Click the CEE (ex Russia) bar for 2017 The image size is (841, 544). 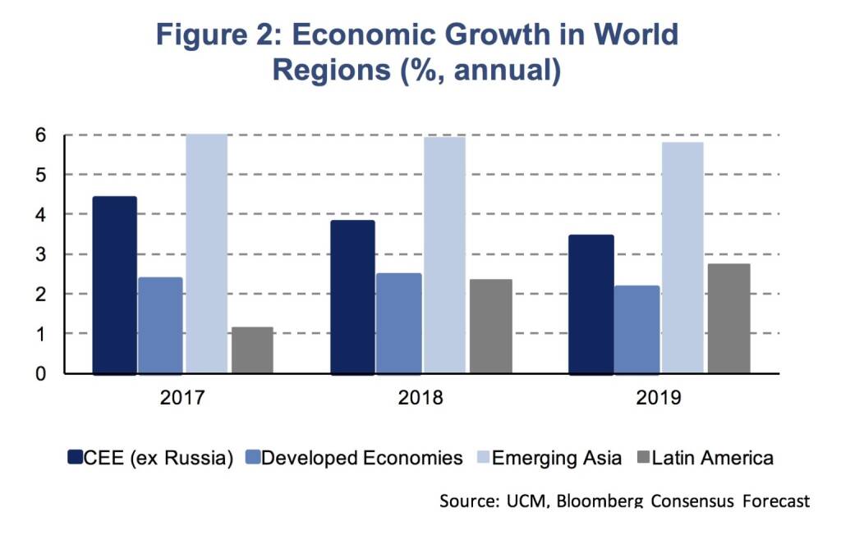(114, 286)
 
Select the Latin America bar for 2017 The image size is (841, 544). (252, 350)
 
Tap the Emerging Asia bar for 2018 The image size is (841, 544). (444, 255)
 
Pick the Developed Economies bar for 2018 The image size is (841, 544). (398, 323)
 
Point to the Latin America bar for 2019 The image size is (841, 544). (728, 318)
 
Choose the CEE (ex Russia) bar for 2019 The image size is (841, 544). (591, 304)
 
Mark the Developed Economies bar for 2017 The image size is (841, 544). (160, 326)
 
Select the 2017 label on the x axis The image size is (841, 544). (182, 399)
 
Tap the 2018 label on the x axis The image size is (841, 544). (420, 399)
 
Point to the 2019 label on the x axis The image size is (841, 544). (659, 399)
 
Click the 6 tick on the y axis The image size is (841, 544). (39, 135)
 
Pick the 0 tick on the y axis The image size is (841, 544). (39, 374)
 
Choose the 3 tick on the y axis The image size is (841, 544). (39, 254)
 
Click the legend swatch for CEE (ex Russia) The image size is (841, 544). (75, 458)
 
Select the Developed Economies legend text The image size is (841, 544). (362, 458)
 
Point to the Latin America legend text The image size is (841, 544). (712, 458)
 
